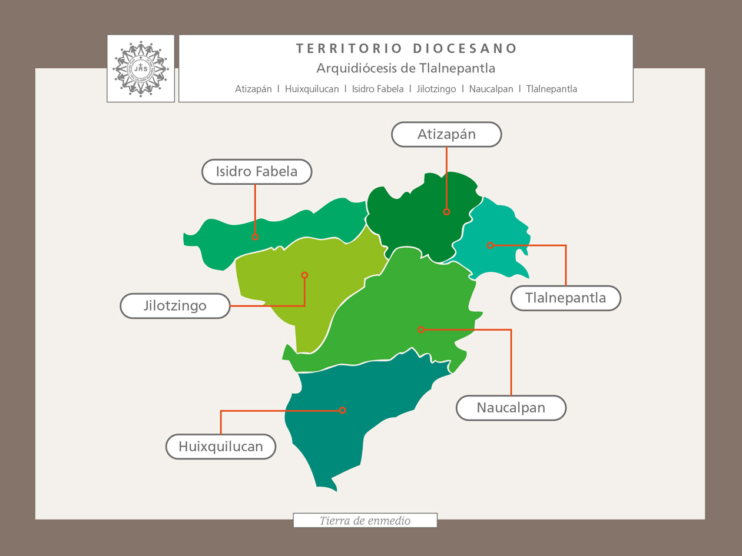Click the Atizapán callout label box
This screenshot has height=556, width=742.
click(446, 134)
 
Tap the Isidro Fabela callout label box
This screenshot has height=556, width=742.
click(257, 172)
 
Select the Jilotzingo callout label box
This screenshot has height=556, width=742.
click(175, 306)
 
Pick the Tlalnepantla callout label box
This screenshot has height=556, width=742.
click(565, 298)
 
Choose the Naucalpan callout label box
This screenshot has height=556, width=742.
click(511, 408)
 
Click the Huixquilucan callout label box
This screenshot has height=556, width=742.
click(221, 447)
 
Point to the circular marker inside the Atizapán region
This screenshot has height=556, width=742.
click(446, 212)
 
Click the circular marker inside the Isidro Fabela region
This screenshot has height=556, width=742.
click(255, 237)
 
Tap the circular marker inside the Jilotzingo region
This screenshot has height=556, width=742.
click(304, 275)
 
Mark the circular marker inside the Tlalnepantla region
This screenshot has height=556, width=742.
click(490, 245)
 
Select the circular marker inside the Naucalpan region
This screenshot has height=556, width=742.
click(420, 329)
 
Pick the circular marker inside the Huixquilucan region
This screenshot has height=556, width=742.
click(342, 410)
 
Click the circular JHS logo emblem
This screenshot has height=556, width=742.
click(141, 68)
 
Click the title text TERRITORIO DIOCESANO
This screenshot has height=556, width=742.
click(406, 48)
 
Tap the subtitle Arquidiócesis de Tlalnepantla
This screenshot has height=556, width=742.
click(406, 68)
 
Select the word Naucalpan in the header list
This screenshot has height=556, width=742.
click(491, 89)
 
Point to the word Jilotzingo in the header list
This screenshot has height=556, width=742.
click(436, 89)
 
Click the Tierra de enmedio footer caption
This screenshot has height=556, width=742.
click(365, 521)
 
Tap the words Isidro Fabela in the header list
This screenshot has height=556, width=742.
click(377, 89)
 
